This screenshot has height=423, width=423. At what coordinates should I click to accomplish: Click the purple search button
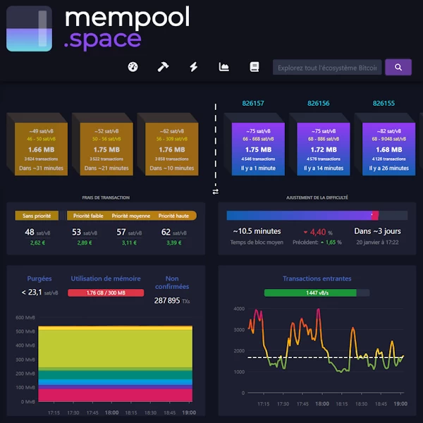click(398, 67)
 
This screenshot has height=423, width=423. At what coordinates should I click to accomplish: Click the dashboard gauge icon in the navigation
click(132, 67)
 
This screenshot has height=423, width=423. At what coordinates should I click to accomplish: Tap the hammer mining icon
click(162, 67)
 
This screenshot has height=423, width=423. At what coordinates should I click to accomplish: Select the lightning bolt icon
click(193, 67)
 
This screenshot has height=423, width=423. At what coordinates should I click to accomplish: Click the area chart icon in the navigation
click(224, 67)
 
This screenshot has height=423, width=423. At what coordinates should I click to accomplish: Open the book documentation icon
click(255, 67)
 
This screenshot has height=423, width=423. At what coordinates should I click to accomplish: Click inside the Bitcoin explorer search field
click(327, 68)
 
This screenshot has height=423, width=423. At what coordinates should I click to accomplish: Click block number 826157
click(253, 104)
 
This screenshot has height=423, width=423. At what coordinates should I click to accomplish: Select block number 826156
click(319, 104)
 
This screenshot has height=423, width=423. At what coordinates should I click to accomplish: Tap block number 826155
click(384, 104)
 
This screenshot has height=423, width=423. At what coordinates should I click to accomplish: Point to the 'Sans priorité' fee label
click(37, 216)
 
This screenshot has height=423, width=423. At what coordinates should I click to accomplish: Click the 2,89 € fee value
click(85, 243)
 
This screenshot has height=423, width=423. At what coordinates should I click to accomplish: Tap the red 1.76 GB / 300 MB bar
click(106, 293)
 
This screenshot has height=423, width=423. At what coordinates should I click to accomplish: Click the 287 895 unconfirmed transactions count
click(172, 301)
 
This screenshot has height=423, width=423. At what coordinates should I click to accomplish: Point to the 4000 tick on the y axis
click(240, 309)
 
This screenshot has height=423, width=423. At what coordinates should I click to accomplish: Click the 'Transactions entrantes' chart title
click(317, 278)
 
